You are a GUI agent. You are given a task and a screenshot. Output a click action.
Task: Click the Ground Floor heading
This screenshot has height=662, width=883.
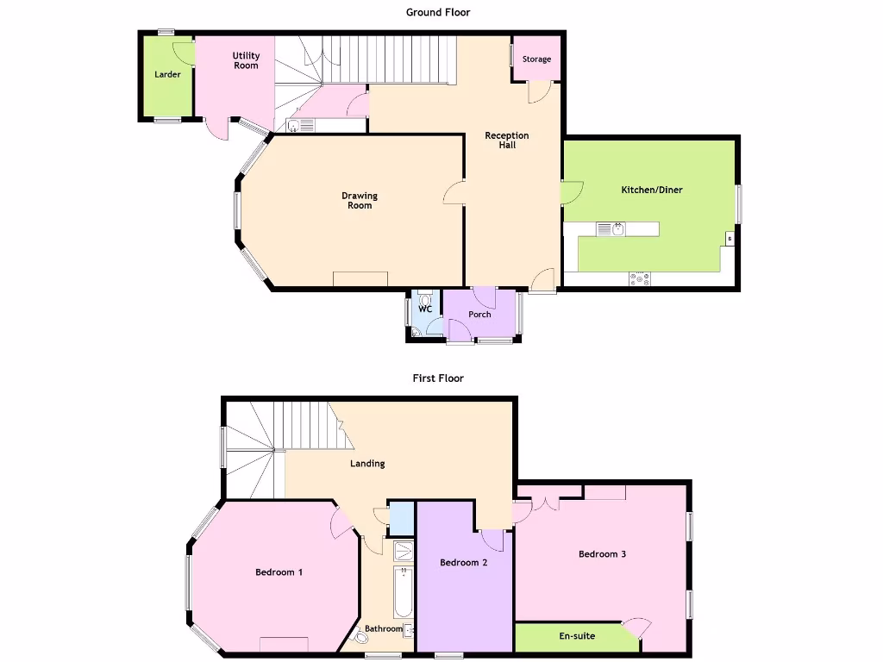tap(438, 12)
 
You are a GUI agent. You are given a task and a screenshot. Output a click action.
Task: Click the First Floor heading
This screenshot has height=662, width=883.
tap(438, 378)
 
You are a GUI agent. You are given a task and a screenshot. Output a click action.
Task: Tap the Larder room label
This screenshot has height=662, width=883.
tap(167, 74)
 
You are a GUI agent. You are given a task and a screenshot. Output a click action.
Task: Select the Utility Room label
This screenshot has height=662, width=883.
tap(246, 60)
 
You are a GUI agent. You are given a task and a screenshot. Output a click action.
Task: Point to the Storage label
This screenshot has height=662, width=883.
tap(536, 59)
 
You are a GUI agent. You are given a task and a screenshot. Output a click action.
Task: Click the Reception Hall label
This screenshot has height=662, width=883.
tap(507, 141)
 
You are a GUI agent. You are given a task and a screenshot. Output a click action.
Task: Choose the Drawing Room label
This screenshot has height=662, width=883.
tap(360, 200)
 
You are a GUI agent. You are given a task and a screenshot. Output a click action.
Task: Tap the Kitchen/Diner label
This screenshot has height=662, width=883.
tap(652, 190)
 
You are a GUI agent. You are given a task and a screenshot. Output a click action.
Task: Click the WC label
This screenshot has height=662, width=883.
tap(424, 309)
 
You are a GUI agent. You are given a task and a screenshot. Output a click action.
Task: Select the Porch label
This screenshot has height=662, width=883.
tap(479, 315)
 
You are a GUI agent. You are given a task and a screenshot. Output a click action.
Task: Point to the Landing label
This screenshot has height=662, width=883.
tap(367, 464)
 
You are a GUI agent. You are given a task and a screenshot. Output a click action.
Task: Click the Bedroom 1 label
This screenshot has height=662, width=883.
tap(279, 572)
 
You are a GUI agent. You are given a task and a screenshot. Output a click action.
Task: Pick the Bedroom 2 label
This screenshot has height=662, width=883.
tap(464, 563)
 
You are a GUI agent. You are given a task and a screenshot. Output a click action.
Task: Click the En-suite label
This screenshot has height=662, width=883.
tap(577, 636)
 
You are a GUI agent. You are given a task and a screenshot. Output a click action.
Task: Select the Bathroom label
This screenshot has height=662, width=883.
tap(383, 629)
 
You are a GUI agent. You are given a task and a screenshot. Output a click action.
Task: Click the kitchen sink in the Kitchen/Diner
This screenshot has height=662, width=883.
tap(617, 229)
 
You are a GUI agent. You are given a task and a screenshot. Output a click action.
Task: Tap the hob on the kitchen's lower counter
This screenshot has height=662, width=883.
tap(640, 278)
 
